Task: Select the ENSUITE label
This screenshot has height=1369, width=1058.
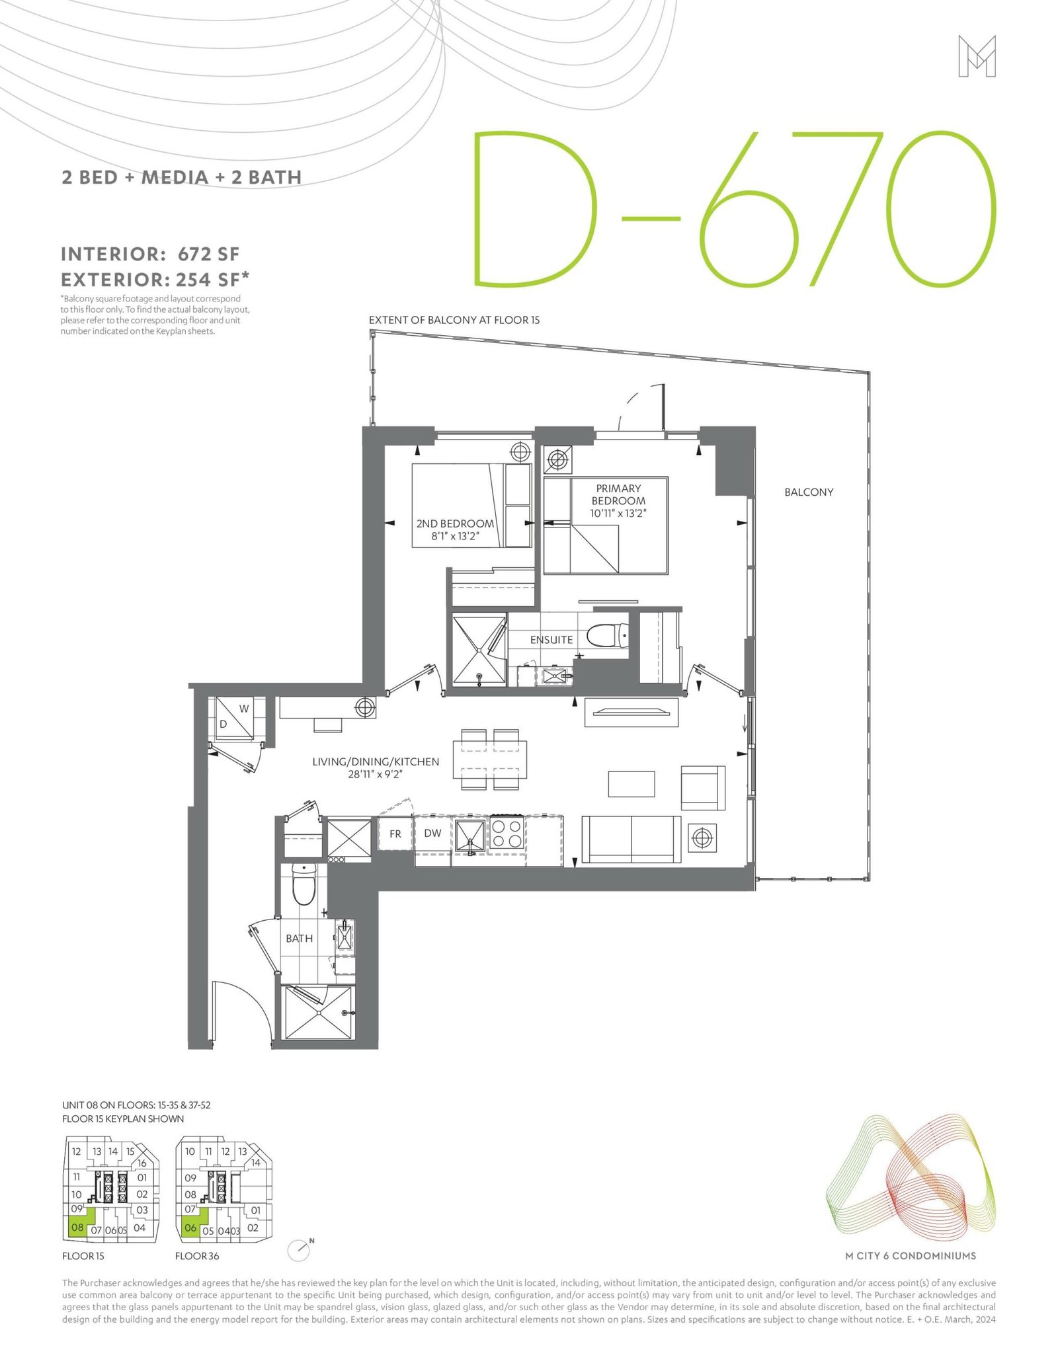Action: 551,640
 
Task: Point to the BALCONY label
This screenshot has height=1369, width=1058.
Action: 809,492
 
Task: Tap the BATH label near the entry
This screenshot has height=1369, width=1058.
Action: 300,938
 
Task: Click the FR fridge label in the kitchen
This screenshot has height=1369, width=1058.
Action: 395,834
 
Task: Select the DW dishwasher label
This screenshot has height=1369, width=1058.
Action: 432,833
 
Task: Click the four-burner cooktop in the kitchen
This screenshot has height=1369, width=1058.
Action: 507,834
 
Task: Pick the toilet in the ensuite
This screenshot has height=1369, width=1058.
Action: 608,637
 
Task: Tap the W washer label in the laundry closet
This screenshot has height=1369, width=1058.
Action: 244,709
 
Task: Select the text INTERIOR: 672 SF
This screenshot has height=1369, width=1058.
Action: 150,254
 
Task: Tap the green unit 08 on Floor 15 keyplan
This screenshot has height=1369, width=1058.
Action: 79,1228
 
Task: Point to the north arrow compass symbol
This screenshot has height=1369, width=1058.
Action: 301,1249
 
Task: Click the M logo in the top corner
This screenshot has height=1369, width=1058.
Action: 977,56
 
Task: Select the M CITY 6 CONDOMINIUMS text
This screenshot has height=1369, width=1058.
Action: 911,1256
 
